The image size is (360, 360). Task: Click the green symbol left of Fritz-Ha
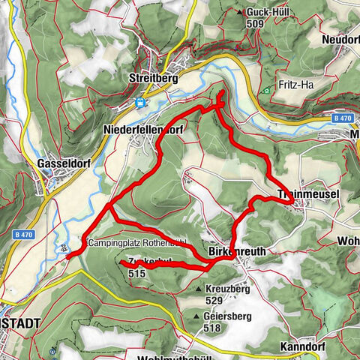coord(266,91)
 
